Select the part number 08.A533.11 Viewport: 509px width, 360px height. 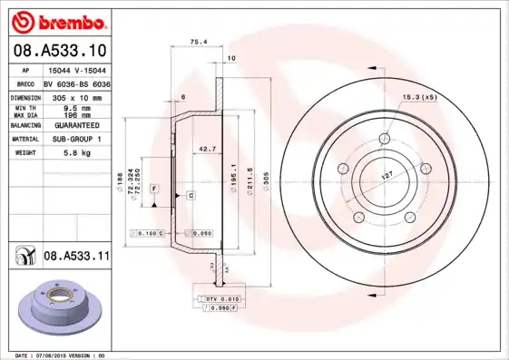click(76, 258)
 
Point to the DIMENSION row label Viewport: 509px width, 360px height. click(24, 96)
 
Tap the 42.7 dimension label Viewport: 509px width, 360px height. click(208, 148)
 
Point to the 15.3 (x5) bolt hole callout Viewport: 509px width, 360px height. click(418, 95)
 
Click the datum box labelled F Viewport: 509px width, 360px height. click(155, 188)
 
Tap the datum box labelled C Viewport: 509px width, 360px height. click(191, 195)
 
